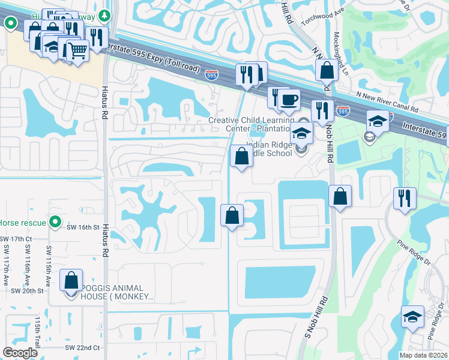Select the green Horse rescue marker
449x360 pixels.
click(x=55, y=223)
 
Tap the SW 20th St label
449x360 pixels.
click(x=28, y=290)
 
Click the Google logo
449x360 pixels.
click(x=20, y=352)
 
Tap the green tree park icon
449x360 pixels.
click(x=106, y=14)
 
